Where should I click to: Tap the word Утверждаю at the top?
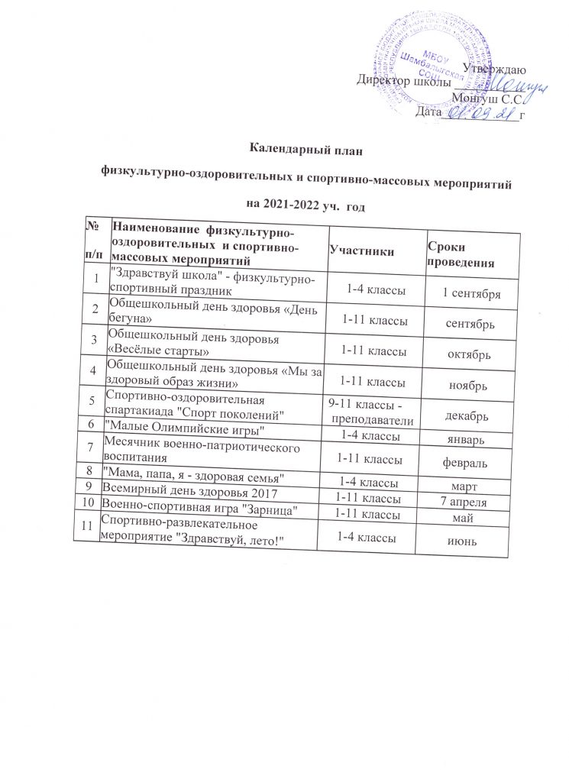493,70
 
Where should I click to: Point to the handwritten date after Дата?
478,113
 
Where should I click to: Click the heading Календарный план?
301,150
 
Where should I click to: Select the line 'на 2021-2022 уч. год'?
301,204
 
